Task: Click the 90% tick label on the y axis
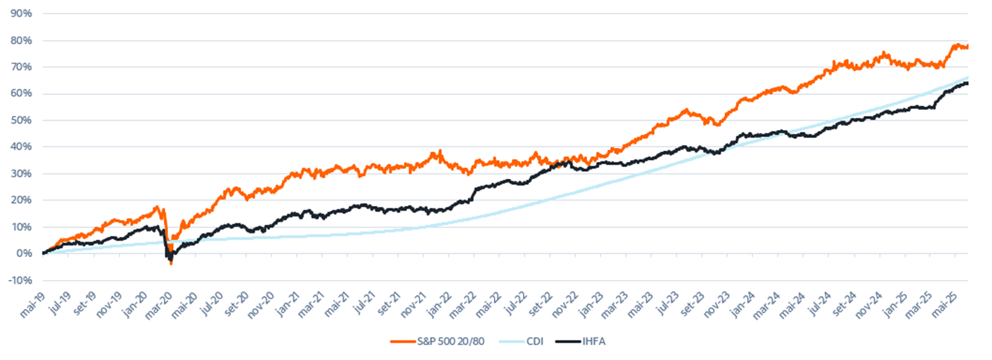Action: pyautogui.click(x=21, y=13)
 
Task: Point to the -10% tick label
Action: pyautogui.click(x=20, y=280)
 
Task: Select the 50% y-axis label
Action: pyautogui.click(x=21, y=120)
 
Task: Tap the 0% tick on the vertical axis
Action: pyautogui.click(x=24, y=253)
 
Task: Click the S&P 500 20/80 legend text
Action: pyautogui.click(x=450, y=341)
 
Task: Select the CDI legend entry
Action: pyautogui.click(x=535, y=341)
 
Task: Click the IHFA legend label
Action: pyautogui.click(x=594, y=341)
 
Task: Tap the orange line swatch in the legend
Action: pyautogui.click(x=403, y=341)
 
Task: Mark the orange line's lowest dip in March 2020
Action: pyautogui.click(x=171, y=264)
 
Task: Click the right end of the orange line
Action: pyautogui.click(x=968, y=47)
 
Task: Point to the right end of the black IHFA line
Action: pyautogui.click(x=968, y=83)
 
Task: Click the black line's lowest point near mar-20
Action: pyautogui.click(x=170, y=259)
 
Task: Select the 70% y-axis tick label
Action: pyautogui.click(x=21, y=67)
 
